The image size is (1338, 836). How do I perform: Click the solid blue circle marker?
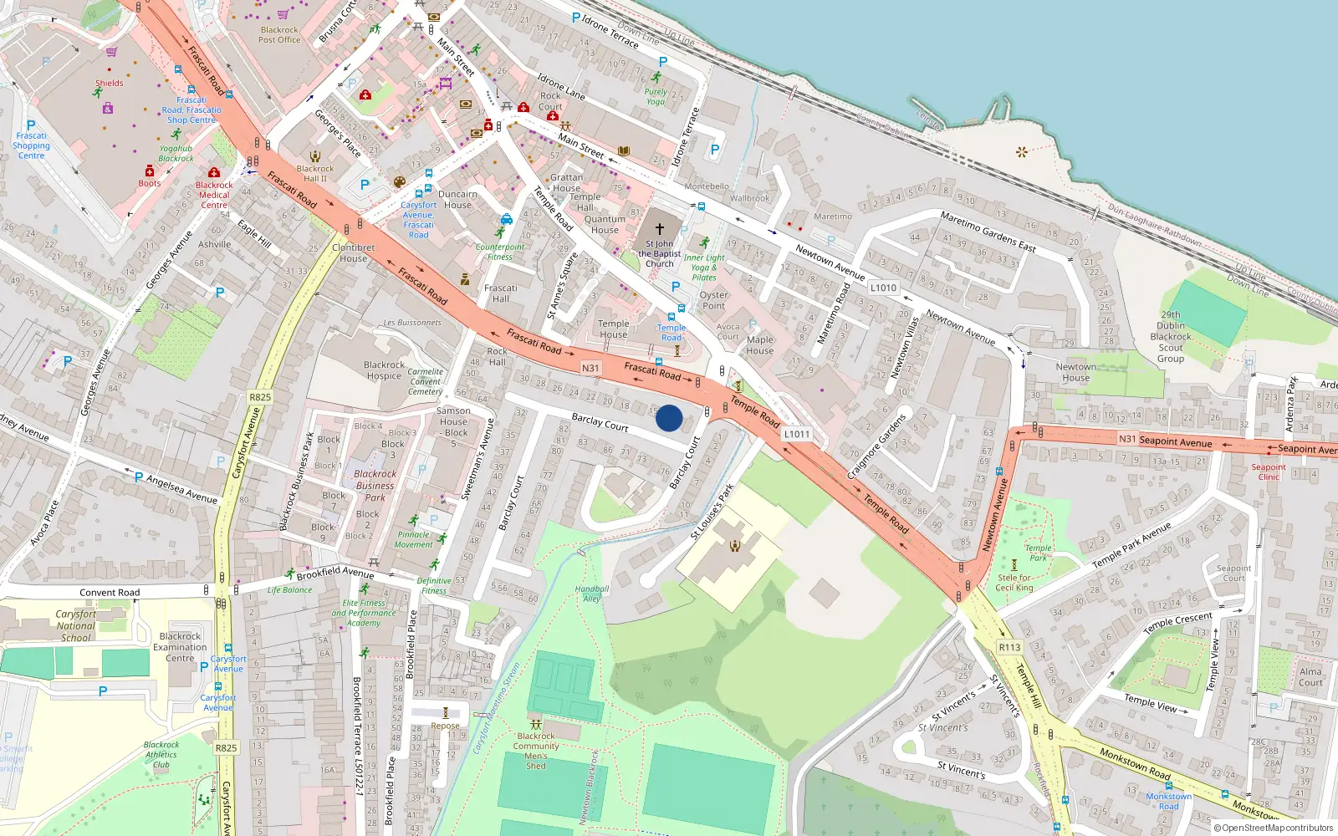tap(669, 418)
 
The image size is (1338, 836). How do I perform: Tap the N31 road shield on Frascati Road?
tap(590, 368)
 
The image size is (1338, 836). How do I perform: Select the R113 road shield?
tap(1009, 647)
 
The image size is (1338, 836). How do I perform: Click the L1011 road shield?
tap(797, 434)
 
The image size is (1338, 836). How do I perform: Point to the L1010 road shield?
tap(883, 288)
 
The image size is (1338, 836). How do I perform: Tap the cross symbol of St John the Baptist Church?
tap(659, 228)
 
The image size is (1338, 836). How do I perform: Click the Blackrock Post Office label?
tap(279, 34)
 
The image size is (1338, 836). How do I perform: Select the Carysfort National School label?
tap(76, 625)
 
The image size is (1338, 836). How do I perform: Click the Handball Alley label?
tap(591, 594)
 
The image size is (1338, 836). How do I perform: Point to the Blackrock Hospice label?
tap(384, 370)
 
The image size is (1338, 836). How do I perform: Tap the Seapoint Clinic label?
tap(1269, 472)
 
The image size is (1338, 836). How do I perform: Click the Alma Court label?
tap(1310, 676)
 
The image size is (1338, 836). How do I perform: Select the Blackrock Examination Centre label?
tap(180, 647)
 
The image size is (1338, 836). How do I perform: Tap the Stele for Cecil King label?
tap(1014, 582)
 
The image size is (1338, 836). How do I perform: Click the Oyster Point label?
tap(713, 300)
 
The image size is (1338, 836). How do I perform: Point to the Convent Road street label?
tap(110, 593)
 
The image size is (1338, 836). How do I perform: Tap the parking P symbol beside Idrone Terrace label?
tap(575, 18)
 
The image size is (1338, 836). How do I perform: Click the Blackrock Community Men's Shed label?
tap(536, 751)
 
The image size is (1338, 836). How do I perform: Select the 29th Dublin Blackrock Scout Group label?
tap(1171, 337)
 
